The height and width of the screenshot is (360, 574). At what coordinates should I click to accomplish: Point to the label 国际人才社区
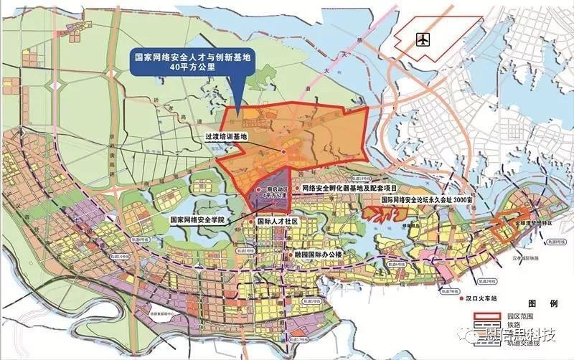click(277, 222)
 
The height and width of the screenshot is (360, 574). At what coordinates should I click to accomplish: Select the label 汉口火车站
click(466, 295)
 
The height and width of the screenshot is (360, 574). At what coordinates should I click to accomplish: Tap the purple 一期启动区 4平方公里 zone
click(272, 189)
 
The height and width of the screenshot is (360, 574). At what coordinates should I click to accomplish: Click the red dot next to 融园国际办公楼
click(289, 254)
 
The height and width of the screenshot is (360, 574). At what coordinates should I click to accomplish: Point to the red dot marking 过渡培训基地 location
click(283, 152)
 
